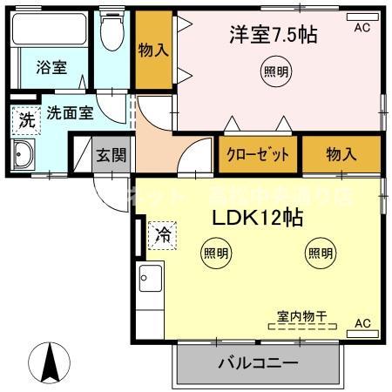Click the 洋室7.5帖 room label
click(x=273, y=37)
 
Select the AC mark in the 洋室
click(x=362, y=26)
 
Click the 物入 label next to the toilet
click(x=153, y=50)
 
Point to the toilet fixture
click(x=112, y=33)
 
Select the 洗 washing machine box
click(x=27, y=120)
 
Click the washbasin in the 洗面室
click(x=23, y=159)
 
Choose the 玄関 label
click(x=110, y=157)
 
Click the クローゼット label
click(x=258, y=155)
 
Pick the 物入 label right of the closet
click(x=341, y=155)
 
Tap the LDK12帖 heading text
click(x=253, y=219)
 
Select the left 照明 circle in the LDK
click(x=216, y=253)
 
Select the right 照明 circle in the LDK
click(x=320, y=253)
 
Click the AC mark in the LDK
click(x=362, y=324)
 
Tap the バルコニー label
click(x=258, y=362)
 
